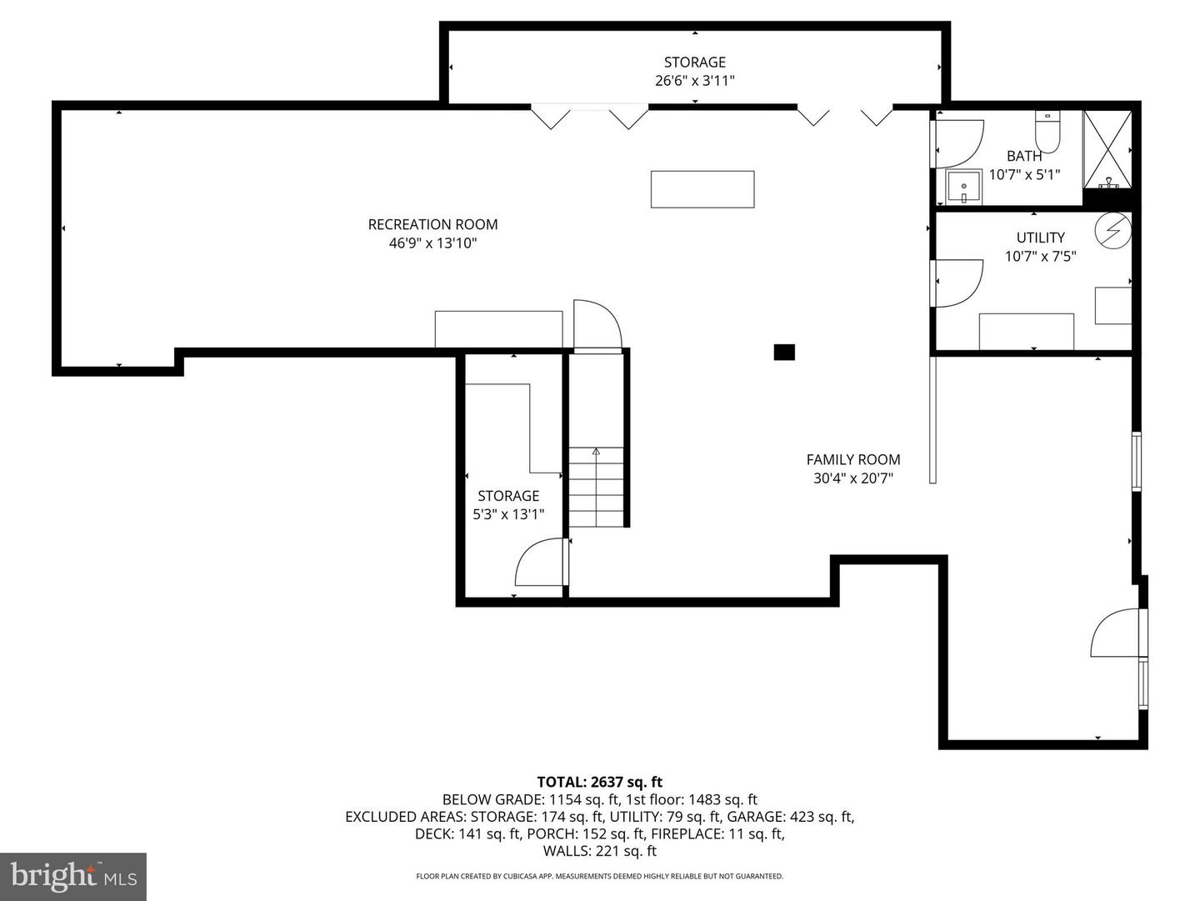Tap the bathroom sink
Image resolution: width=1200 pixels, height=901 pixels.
(x=963, y=188)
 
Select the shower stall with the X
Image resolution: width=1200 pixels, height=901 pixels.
(x=1107, y=148)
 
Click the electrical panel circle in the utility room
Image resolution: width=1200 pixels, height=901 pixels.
(x=1112, y=231)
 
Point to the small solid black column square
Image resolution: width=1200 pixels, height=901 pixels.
(x=784, y=353)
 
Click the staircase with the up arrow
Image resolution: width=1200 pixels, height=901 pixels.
(x=597, y=487)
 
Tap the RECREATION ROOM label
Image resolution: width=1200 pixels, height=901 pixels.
(x=432, y=224)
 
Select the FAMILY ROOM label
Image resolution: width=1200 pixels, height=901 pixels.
(x=852, y=459)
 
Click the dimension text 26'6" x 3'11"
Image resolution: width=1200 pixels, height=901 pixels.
(x=694, y=81)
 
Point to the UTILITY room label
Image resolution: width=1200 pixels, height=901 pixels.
(x=1040, y=238)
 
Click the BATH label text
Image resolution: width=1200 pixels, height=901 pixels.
(x=1023, y=156)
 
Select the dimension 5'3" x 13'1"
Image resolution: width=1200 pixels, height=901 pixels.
(x=508, y=514)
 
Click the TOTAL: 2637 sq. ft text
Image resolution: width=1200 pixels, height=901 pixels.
(x=599, y=782)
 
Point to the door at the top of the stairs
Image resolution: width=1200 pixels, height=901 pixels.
(x=597, y=325)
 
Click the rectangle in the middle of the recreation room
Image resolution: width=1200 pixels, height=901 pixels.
(x=702, y=189)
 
